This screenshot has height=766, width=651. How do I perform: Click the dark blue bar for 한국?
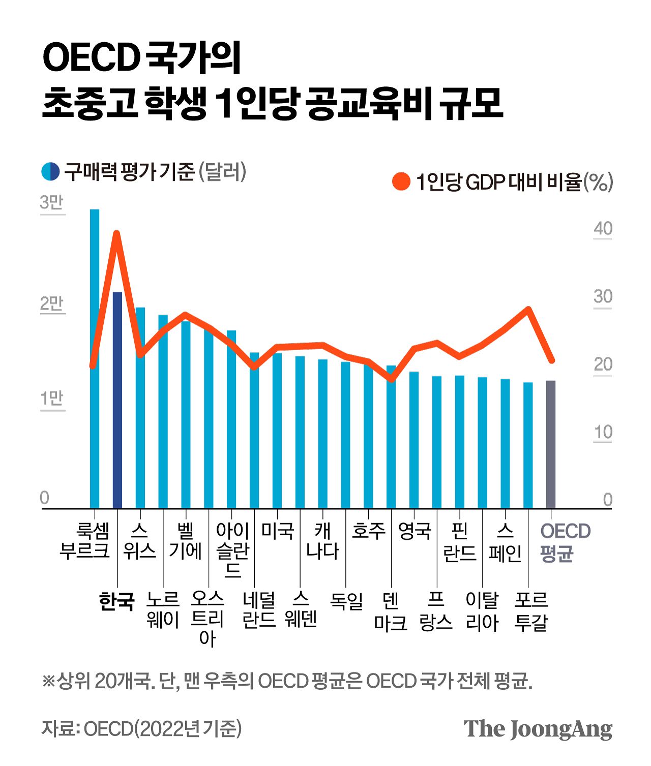click(117, 402)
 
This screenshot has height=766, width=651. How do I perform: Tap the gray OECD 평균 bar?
click(551, 445)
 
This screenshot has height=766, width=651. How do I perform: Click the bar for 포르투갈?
click(528, 445)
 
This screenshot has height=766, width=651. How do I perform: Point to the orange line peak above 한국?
click(116, 234)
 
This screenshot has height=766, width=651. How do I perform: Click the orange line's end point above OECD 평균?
click(551, 360)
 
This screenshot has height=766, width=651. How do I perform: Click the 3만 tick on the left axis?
click(52, 203)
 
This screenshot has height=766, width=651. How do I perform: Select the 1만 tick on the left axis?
click(52, 399)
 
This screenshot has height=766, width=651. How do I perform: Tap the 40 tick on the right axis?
click(603, 229)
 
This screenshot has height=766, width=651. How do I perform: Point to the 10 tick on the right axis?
click(603, 433)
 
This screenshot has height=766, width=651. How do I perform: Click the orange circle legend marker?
click(401, 181)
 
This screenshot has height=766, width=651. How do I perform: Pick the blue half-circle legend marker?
click(50, 171)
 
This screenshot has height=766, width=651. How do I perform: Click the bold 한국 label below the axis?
click(116, 601)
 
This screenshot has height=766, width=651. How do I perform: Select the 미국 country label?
click(278, 531)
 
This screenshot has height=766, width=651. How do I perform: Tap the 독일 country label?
click(346, 601)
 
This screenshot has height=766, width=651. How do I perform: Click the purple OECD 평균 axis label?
click(565, 542)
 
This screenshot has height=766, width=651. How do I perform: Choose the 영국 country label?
click(415, 531)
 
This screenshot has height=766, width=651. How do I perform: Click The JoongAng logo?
click(538, 729)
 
